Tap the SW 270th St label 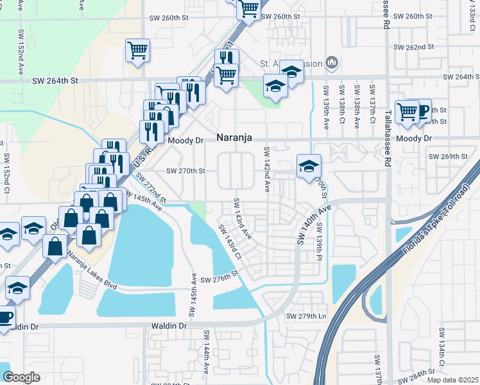point(185,171)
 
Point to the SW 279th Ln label point(307,316)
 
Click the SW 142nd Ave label point(266,169)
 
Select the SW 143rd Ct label point(228,241)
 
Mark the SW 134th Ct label point(441,343)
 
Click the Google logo point(21,377)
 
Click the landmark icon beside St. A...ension point(332,62)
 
